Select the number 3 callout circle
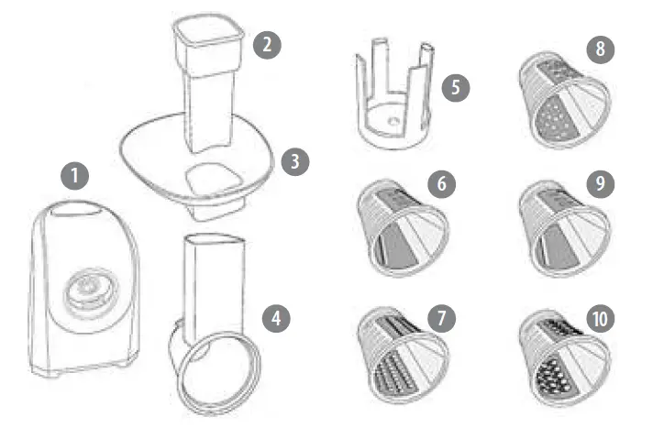pos(295,161)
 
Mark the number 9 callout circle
pos(600,182)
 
